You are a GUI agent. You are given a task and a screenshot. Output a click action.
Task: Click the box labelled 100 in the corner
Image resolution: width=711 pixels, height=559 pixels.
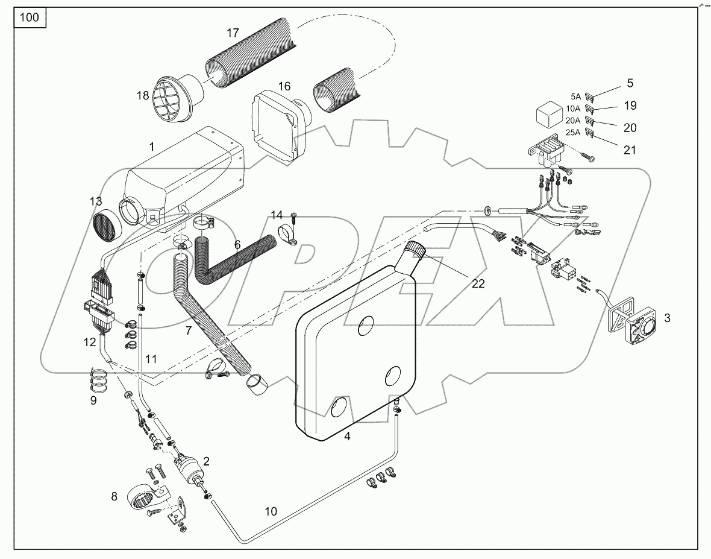pyautogui.click(x=29, y=17)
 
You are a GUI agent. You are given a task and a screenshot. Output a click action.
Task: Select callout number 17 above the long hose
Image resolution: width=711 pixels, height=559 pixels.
pyautogui.click(x=233, y=33)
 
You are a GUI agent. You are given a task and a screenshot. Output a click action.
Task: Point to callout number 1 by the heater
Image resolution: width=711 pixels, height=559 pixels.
pyautogui.click(x=152, y=147)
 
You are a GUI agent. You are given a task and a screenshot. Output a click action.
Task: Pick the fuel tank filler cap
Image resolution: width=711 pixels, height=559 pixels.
pyautogui.click(x=416, y=249)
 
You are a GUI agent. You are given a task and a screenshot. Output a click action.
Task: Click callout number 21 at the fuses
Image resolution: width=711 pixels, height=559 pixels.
pyautogui.click(x=630, y=150)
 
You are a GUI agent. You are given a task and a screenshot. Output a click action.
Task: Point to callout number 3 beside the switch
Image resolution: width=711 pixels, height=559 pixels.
pyautogui.click(x=667, y=318)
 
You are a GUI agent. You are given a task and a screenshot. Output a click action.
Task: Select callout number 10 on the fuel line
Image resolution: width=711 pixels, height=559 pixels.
pyautogui.click(x=271, y=511)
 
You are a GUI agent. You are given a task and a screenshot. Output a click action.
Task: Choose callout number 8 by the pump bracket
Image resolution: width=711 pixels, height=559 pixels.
pyautogui.click(x=115, y=497)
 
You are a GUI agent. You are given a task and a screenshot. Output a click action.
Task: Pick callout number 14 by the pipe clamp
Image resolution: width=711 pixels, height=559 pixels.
pyautogui.click(x=276, y=215)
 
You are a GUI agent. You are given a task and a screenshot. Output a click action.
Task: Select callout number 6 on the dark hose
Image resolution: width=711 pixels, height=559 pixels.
pyautogui.click(x=237, y=245)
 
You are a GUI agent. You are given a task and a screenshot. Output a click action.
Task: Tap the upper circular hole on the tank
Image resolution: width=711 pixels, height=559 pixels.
pyautogui.click(x=366, y=327)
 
